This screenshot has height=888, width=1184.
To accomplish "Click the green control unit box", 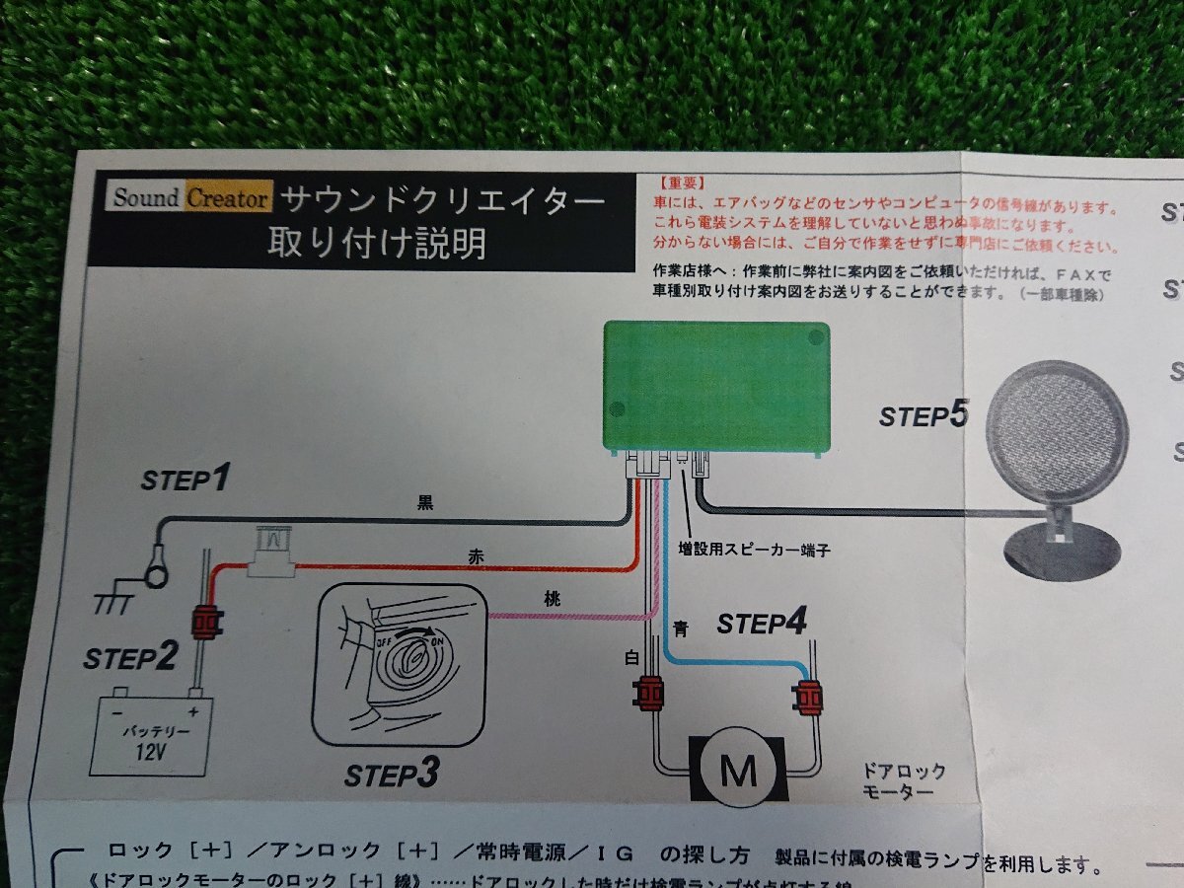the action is coord(716,386).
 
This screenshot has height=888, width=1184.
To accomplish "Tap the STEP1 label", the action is coord(186,481).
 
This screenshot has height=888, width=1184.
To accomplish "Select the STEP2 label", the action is coord(130,658).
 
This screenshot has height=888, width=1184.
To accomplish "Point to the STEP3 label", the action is coord(391,776).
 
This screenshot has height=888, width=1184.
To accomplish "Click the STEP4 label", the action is coord(762,624).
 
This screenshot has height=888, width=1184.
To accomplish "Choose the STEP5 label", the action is coord(924,415).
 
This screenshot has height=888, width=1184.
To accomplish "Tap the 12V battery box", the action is coord(151,734).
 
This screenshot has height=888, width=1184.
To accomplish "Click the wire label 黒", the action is coord(425,502).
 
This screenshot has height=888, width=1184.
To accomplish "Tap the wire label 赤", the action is coord(477,556).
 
